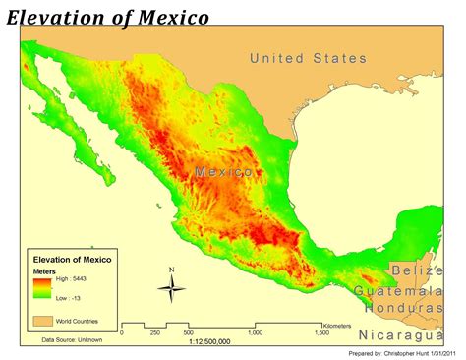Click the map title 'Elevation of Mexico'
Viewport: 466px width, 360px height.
click(x=107, y=17)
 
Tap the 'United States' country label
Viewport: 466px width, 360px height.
click(x=308, y=59)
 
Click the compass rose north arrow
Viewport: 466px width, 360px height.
click(x=171, y=287)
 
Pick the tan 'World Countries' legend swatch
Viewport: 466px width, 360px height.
click(x=41, y=320)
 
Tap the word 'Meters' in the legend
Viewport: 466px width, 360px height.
click(x=44, y=270)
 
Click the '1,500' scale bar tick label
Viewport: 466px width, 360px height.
click(x=320, y=332)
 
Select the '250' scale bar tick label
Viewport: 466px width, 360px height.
click(x=153, y=332)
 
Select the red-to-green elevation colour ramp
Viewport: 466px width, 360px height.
click(x=42, y=287)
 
